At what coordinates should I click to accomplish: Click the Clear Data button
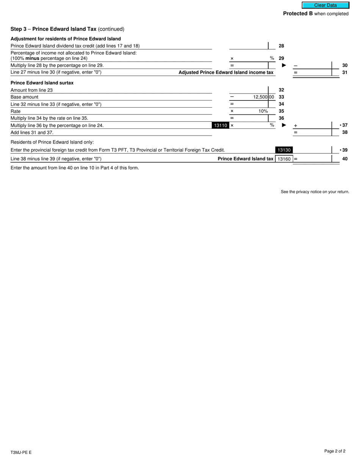click(325, 5)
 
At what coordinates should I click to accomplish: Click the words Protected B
click(298, 14)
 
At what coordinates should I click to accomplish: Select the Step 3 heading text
click(67, 29)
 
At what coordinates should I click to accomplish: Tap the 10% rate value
click(263, 111)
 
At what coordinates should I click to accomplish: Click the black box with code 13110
click(220, 125)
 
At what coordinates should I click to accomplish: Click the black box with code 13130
click(284, 150)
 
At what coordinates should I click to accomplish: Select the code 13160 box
click(284, 159)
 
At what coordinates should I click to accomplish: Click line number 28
click(281, 46)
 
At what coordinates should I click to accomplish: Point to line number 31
click(345, 72)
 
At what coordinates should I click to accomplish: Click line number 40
click(345, 159)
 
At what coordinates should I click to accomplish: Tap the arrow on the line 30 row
click(284, 66)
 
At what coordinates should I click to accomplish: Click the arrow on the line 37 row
click(284, 125)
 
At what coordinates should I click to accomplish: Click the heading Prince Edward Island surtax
click(42, 83)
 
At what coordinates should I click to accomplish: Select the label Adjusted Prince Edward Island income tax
click(226, 72)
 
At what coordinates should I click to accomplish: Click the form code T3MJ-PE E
click(21, 452)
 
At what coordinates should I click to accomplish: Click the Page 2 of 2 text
click(335, 451)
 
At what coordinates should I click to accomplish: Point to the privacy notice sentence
click(315, 192)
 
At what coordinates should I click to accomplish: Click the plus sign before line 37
click(296, 126)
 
